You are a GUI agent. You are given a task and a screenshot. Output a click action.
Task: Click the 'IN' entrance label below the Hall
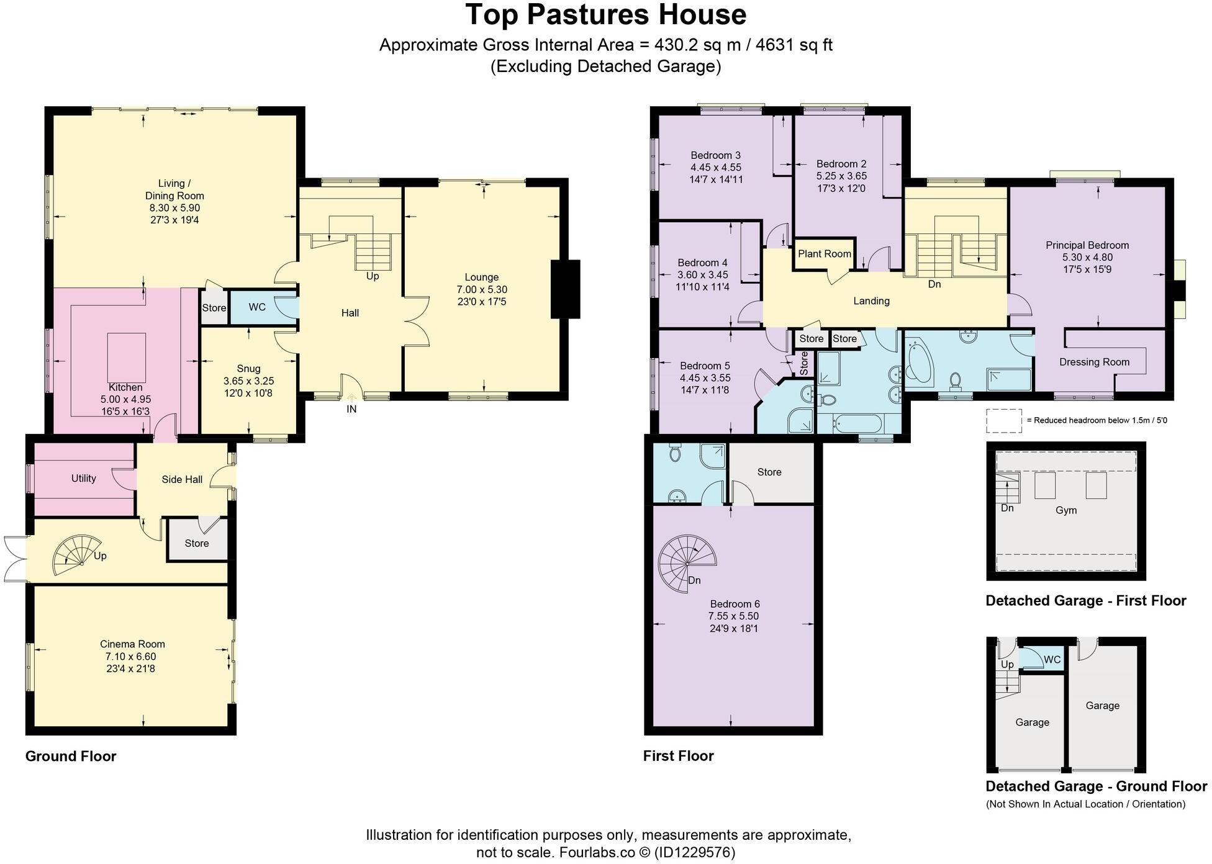point(351,409)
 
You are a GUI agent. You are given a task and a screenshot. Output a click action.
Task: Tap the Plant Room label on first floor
point(824,254)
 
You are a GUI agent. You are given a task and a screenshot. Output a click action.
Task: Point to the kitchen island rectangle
point(127,358)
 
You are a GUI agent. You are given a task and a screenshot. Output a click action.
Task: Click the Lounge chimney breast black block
point(565,289)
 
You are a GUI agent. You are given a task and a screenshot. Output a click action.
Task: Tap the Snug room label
point(248,369)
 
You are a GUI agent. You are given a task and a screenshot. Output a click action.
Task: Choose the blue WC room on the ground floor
point(257,307)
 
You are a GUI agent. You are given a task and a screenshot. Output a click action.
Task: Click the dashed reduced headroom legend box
point(1003,420)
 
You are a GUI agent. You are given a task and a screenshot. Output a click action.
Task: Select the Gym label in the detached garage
point(1066,510)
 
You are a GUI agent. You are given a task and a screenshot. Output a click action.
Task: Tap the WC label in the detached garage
point(1052,659)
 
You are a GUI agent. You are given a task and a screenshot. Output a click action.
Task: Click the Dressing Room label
point(1094,362)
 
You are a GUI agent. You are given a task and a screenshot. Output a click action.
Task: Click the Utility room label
point(83,478)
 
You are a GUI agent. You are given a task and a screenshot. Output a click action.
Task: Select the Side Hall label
point(182,479)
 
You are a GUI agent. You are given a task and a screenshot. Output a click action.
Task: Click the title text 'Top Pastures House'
point(605,15)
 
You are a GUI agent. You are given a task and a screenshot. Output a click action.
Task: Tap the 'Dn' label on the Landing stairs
point(934,284)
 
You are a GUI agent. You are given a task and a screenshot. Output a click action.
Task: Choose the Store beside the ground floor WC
point(214,308)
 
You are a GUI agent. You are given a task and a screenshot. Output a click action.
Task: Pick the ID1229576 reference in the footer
point(695,852)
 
